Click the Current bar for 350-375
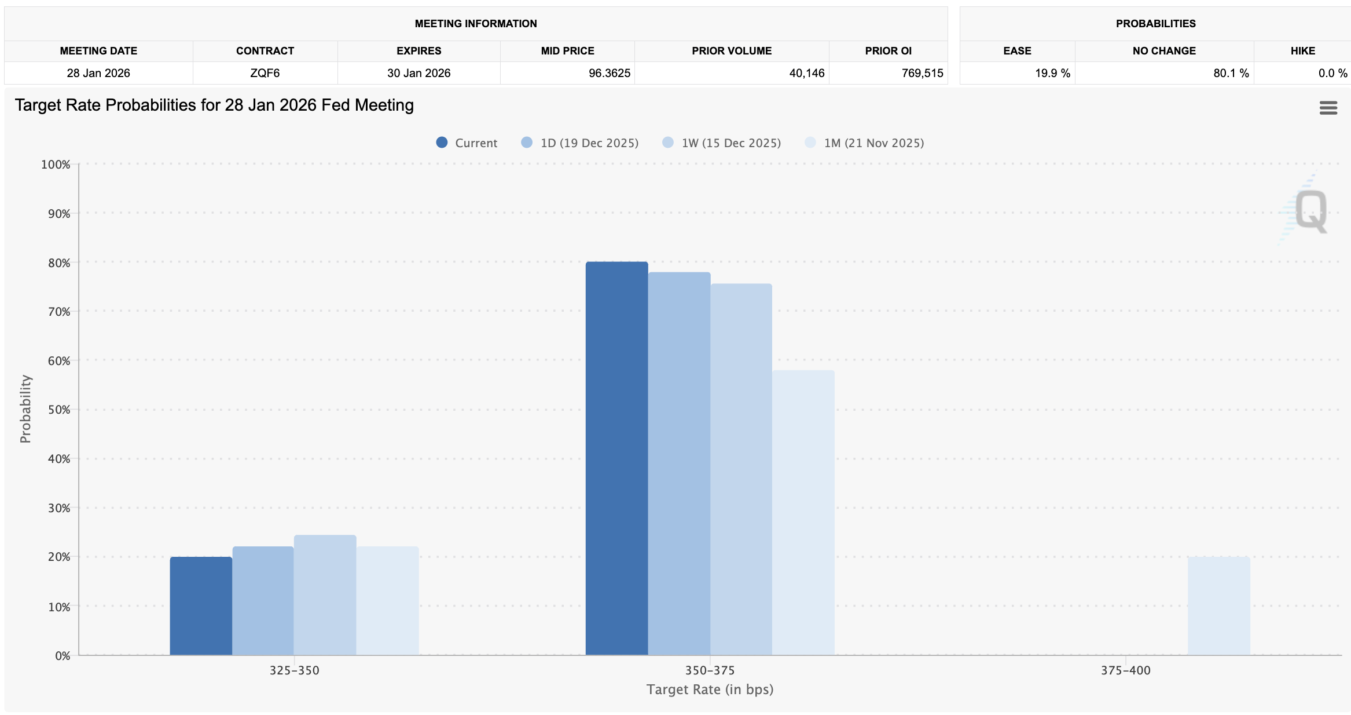tap(616, 458)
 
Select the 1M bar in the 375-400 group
tap(1218, 605)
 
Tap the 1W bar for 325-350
tap(325, 595)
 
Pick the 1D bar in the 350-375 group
tap(679, 464)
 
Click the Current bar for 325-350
tap(201, 605)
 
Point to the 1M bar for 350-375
tap(803, 513)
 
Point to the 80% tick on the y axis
tap(59, 263)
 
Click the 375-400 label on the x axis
tap(1125, 670)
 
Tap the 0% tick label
tap(63, 656)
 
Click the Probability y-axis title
tap(25, 408)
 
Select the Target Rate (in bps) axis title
tap(710, 690)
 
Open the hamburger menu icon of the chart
tap(1328, 108)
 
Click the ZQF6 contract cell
tap(265, 73)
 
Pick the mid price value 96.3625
tap(609, 73)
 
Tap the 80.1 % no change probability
tap(1231, 73)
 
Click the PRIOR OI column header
tap(888, 51)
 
